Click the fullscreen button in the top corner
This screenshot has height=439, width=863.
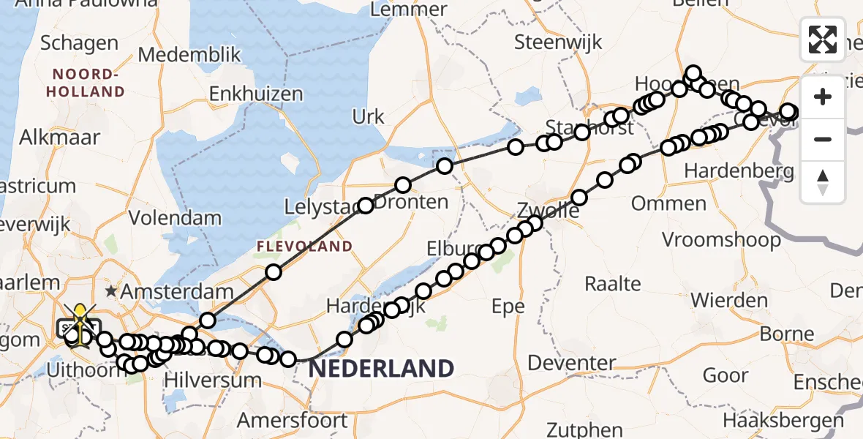pyautogui.click(x=823, y=39)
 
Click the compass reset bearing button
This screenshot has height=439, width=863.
pyautogui.click(x=823, y=182)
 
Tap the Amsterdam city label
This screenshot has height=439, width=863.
pyautogui.click(x=177, y=291)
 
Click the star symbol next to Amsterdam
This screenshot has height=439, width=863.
pyautogui.click(x=111, y=291)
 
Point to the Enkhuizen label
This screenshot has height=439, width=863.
pyautogui.click(x=256, y=94)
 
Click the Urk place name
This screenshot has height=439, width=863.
pyautogui.click(x=368, y=116)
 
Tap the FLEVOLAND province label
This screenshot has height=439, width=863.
pyautogui.click(x=304, y=247)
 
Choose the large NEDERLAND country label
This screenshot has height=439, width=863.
pyautogui.click(x=381, y=368)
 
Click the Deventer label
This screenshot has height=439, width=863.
pyautogui.click(x=572, y=363)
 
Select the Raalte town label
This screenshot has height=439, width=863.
pyautogui.click(x=614, y=284)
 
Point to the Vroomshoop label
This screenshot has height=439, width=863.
pyautogui.click(x=722, y=239)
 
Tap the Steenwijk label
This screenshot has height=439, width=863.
pyautogui.click(x=558, y=42)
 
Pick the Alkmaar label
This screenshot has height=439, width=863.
pyautogui.click(x=55, y=137)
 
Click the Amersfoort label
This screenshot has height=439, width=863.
pyautogui.click(x=293, y=421)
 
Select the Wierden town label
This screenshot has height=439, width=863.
pyautogui.click(x=729, y=300)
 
